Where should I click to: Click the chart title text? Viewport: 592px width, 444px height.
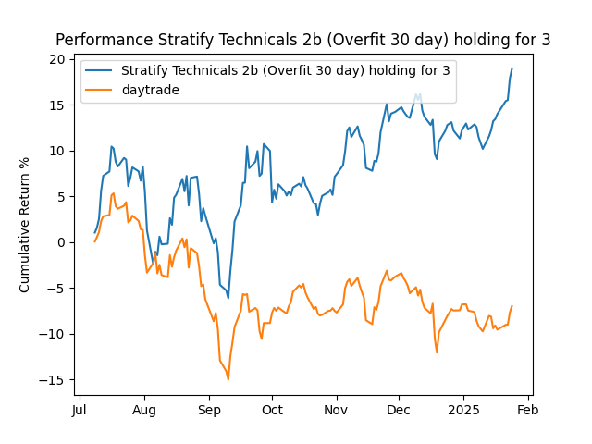[x=302, y=40]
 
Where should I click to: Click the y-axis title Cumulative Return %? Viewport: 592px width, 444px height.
[x=25, y=225]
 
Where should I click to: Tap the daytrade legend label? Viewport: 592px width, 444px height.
[x=151, y=90]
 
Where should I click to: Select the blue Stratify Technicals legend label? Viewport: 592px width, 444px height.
[x=286, y=70]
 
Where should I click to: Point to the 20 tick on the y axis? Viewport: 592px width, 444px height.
[x=57, y=59]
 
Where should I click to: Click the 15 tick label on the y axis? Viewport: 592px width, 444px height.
[x=57, y=105]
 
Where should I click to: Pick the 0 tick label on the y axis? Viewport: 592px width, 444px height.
[x=61, y=242]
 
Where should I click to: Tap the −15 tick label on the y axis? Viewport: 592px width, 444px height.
[x=54, y=380]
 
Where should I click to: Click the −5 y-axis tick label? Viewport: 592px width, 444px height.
[x=57, y=289]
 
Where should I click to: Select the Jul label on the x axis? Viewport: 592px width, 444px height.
[x=80, y=410]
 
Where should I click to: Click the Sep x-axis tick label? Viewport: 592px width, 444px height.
[x=209, y=410]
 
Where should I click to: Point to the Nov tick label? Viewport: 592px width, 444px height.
[x=336, y=410]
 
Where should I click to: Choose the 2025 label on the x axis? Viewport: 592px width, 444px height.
[x=463, y=410]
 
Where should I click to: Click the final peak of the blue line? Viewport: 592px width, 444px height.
[x=512, y=68]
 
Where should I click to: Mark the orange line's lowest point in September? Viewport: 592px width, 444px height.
[x=228, y=379]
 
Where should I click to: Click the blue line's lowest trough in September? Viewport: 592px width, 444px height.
[x=228, y=298]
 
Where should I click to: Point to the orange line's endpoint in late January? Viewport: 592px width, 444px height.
[x=512, y=306]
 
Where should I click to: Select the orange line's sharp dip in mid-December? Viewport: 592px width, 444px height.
[x=437, y=352]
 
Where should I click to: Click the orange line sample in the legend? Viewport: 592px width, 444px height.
[x=101, y=90]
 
